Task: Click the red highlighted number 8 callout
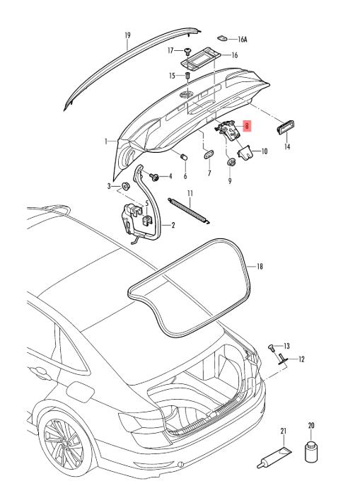pos(247,126)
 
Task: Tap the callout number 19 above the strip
pos(127,35)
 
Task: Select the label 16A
pos(242,40)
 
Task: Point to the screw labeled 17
pos(187,51)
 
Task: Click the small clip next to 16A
pos(222,38)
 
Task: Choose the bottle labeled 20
pos(311,451)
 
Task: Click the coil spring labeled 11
pos(189,211)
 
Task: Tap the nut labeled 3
pos(126,185)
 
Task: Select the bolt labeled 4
pos(154,177)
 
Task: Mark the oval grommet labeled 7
pos(209,154)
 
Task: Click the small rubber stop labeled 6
pos(184,157)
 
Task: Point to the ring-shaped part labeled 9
pos(231,162)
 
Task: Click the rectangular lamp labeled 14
pos(286,127)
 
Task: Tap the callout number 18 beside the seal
pos(260,266)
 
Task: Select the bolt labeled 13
pos(271,347)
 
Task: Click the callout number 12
pos(301,359)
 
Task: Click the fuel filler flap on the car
pos(81,392)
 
